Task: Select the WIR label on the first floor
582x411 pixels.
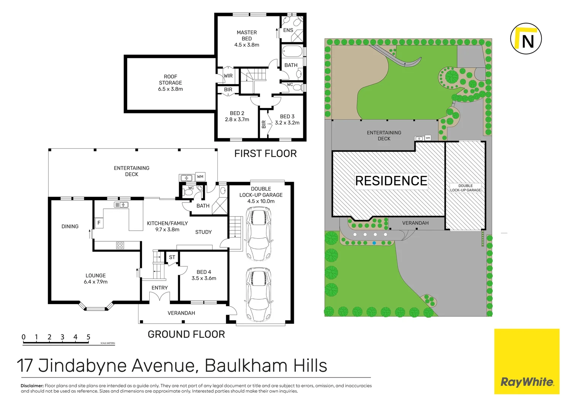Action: point(228,76)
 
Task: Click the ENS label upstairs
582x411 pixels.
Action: point(288,30)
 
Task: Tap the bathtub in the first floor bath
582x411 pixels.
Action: point(292,51)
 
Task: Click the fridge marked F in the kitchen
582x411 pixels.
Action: point(99,223)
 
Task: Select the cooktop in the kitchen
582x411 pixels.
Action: point(120,245)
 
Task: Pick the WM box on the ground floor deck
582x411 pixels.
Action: point(200,177)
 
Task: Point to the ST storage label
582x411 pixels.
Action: point(172,258)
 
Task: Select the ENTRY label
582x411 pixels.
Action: point(159,288)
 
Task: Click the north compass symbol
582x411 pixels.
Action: point(526,39)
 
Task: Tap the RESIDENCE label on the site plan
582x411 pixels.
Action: point(391,181)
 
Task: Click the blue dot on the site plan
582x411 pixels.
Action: point(375,243)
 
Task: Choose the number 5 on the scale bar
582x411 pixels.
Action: point(88,337)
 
